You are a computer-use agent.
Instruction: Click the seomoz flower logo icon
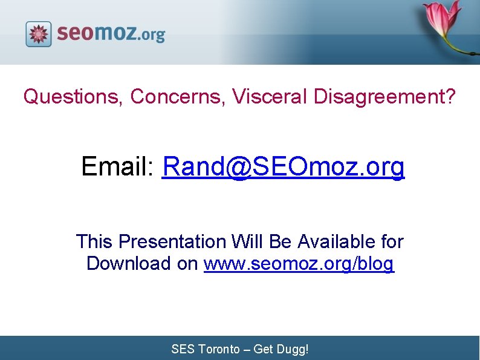tap(39, 34)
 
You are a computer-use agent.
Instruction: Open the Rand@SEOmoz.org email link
tap(284, 166)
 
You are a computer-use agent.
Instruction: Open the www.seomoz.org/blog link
tap(299, 264)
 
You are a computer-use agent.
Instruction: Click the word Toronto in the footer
tap(218, 349)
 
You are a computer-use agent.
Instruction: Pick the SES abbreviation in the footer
tap(183, 349)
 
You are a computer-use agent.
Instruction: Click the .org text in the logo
tap(152, 35)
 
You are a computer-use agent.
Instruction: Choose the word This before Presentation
tap(94, 241)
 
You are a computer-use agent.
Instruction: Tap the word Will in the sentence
tap(246, 241)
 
